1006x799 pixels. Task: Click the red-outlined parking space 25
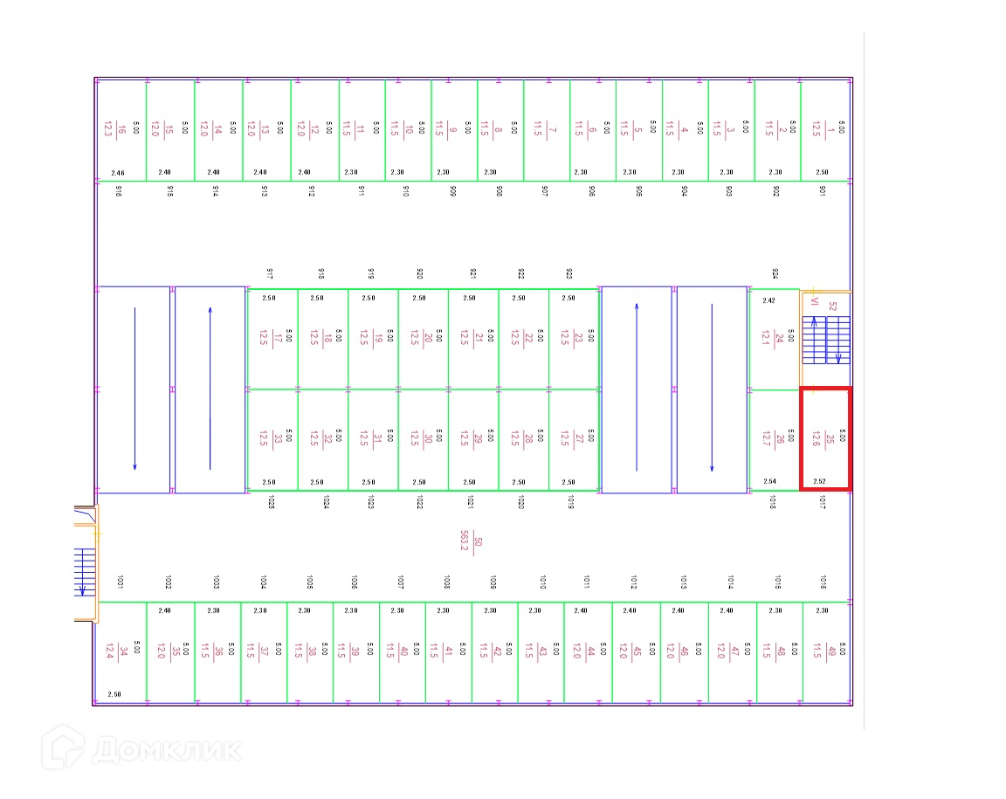pyautogui.click(x=825, y=438)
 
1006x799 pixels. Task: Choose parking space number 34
pyautogui.click(x=121, y=651)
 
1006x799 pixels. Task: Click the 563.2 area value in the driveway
pyautogui.click(x=465, y=541)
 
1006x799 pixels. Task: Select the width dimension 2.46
pyautogui.click(x=118, y=173)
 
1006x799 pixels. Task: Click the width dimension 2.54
pyautogui.click(x=769, y=481)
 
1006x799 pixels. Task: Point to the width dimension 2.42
pyautogui.click(x=768, y=300)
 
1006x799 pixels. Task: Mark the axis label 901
pyautogui.click(x=823, y=190)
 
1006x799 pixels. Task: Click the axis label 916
pyautogui.click(x=119, y=190)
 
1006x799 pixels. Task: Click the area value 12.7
pyautogui.click(x=766, y=438)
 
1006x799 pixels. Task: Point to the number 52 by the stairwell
pyautogui.click(x=832, y=307)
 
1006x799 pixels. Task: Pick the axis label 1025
pyautogui.click(x=272, y=502)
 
